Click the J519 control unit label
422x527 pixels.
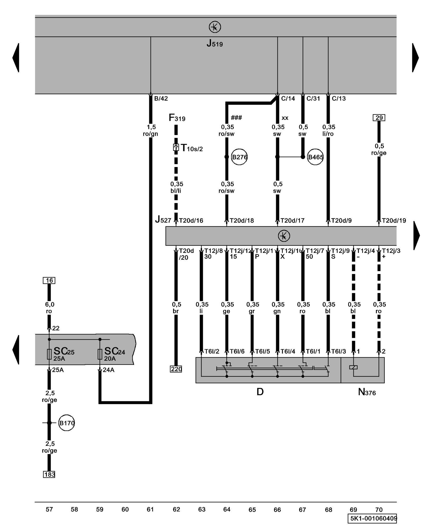(x=214, y=43)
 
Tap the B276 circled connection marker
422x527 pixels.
(x=239, y=157)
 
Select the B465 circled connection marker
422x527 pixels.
(x=315, y=157)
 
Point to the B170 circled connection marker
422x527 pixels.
(x=66, y=423)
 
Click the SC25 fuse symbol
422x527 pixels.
(x=49, y=354)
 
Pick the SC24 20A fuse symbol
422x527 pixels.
(x=100, y=354)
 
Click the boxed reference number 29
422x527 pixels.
(x=379, y=118)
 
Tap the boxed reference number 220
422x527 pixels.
(x=176, y=369)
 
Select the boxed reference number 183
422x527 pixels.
(x=49, y=474)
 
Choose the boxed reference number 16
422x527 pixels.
(x=49, y=280)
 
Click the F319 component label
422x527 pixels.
(x=177, y=118)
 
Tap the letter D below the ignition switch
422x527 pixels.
(x=260, y=392)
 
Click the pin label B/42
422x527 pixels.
(x=161, y=99)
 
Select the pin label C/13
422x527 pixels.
(x=339, y=99)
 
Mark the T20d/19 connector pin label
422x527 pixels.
(x=394, y=221)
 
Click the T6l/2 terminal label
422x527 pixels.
(x=212, y=351)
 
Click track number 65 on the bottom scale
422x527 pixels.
(x=252, y=510)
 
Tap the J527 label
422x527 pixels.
(x=163, y=219)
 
